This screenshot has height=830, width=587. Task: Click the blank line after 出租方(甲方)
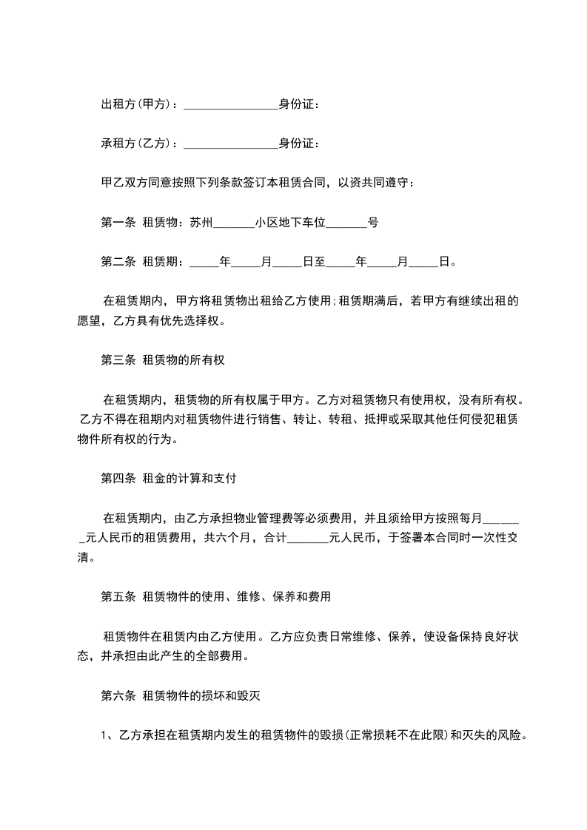point(229,105)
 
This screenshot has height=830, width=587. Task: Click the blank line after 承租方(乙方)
point(229,144)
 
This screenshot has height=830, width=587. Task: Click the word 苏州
point(201,221)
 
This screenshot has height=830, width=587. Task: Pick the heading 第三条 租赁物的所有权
point(162,360)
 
